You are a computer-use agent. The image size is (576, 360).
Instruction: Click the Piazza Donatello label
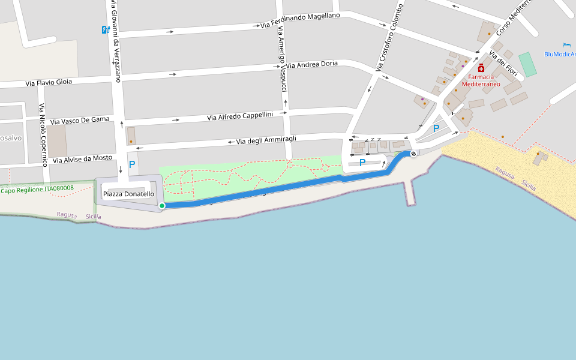128,194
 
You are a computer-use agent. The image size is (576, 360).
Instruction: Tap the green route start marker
162,206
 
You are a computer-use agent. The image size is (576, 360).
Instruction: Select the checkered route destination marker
413,154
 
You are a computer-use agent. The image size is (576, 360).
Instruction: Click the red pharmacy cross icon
481,68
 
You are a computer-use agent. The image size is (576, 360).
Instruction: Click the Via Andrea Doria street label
311,64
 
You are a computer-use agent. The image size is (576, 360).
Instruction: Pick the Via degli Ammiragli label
266,140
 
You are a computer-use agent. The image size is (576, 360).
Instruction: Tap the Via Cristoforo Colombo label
389,37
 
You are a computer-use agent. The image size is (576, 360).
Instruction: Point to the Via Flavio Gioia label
49,83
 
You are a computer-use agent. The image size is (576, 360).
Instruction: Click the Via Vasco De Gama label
80,121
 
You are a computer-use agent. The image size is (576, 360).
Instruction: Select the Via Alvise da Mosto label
82,159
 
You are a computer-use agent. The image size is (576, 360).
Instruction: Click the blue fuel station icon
106,29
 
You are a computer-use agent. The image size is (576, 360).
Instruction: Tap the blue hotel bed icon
566,45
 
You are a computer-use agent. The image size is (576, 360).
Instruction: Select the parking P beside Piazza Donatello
132,164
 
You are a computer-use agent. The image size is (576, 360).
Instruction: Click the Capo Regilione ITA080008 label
37,189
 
